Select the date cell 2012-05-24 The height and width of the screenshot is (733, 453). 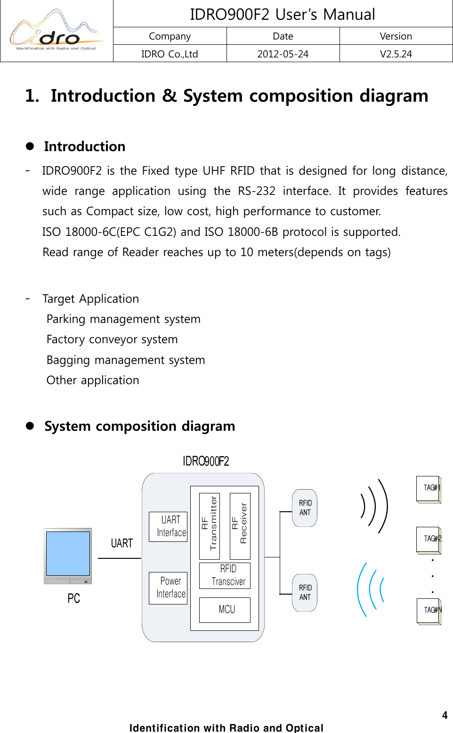pos(283,54)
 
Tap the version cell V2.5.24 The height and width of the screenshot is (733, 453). pos(396,54)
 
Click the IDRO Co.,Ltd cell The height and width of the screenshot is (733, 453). pos(170,54)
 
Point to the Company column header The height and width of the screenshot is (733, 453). pos(170,36)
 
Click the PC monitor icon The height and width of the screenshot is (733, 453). pos(68,556)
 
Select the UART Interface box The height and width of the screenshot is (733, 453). pos(168,526)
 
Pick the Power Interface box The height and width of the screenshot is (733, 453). pos(168,588)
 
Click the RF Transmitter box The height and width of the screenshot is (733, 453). pos(210,526)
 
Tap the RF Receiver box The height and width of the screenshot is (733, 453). pos(240,526)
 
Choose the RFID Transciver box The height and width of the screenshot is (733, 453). pos(225,575)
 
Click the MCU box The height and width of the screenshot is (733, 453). pos(225,610)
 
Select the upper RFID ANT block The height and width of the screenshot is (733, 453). pos(305,507)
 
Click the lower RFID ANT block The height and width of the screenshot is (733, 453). pos(305,592)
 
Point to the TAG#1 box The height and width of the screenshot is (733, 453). pos(429,489)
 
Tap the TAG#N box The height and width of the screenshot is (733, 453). pos(429,611)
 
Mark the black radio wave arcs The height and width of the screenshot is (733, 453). pos(375,507)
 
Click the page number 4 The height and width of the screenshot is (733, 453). pos(445,715)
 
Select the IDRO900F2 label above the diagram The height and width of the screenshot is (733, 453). pos(206,461)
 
